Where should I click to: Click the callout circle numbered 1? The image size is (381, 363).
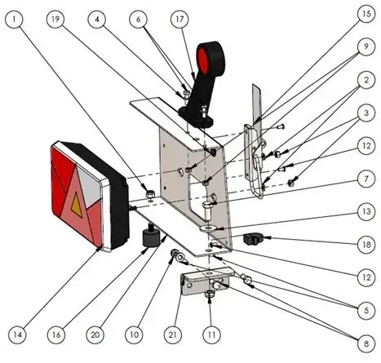pos(14,19)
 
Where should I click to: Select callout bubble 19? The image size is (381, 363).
pos(55,19)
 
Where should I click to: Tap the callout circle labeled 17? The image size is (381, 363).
pos(179,19)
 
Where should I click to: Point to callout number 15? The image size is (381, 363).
pos(366,14)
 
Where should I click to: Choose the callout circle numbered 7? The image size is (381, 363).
pos(366,179)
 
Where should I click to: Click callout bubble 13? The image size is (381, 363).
pos(366,211)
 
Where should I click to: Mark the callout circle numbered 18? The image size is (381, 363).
pos(366,245)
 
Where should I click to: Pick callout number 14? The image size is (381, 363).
pos(17,334)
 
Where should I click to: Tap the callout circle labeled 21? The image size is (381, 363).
pos(173,334)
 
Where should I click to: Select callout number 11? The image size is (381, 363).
pos(211,334)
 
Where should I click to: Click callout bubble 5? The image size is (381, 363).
pos(366,310)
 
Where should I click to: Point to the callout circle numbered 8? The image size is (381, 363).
pos(366,343)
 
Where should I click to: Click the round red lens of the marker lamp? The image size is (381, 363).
pos(203,60)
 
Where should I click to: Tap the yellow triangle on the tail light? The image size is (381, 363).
pos(77,205)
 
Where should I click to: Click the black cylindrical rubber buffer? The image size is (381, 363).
pos(151,237)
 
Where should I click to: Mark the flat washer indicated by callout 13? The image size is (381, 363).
pos(208,228)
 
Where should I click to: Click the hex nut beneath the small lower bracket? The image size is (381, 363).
pos(210,294)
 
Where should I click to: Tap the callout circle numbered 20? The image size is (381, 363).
pos(95,334)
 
